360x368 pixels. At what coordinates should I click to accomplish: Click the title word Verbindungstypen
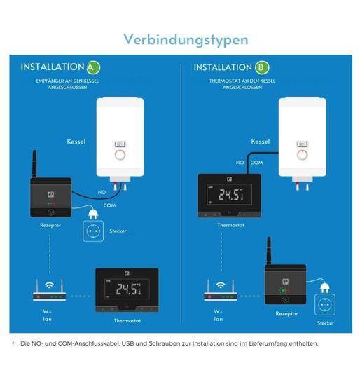[186, 40]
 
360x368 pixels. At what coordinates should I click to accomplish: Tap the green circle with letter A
[93, 67]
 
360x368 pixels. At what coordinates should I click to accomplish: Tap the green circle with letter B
[262, 67]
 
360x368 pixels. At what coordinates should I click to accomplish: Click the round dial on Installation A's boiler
[120, 155]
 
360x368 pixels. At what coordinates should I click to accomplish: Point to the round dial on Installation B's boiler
[303, 155]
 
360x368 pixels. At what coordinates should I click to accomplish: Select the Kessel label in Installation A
[76, 142]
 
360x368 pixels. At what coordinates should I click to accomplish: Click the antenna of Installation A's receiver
[34, 164]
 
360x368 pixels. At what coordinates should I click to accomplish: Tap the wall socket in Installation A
[93, 231]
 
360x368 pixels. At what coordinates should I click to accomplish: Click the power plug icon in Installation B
[325, 288]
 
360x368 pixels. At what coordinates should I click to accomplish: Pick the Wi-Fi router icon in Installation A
[49, 290]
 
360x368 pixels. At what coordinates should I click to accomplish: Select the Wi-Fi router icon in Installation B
[221, 290]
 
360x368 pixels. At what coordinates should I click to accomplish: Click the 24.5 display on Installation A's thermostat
[127, 289]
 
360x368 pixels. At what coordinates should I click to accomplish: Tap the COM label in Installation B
[256, 163]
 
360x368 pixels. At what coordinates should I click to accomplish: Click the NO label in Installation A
[102, 192]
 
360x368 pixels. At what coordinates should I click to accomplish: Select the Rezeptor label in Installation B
[286, 313]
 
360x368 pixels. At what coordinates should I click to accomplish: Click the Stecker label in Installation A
[118, 231]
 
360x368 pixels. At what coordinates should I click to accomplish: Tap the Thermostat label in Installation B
[230, 225]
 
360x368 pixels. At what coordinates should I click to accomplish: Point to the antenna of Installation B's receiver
[269, 251]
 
